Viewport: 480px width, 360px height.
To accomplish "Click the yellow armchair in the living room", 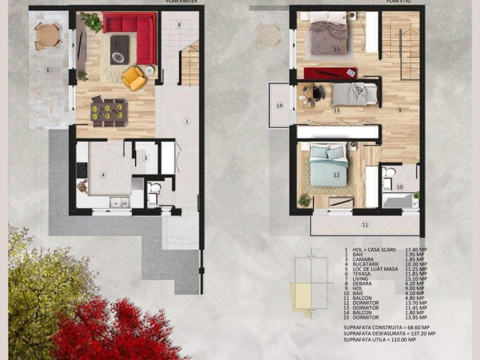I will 133,77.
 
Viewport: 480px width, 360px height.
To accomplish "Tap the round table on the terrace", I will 47,36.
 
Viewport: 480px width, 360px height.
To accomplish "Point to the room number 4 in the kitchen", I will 103,175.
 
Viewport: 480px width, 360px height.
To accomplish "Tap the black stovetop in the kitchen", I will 82,170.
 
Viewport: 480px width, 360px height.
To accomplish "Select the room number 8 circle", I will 179,25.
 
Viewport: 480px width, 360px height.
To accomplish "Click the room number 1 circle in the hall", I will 187,121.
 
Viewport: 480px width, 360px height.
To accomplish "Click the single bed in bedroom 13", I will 354,95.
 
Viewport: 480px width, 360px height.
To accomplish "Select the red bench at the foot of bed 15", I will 329,73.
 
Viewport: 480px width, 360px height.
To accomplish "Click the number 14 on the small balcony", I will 279,106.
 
